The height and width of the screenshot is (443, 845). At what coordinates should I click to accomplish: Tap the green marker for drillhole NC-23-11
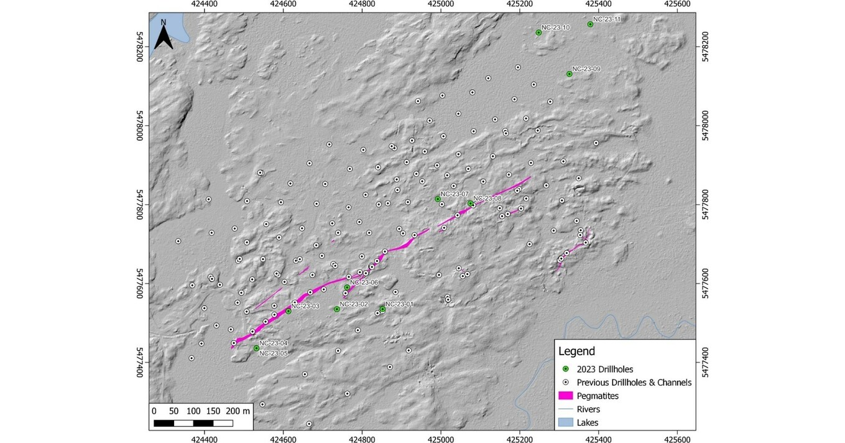590,24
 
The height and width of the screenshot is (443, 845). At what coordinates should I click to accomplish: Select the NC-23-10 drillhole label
555,27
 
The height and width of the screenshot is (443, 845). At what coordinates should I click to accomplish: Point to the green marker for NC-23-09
569,74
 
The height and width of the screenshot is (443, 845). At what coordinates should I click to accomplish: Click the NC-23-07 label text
454,194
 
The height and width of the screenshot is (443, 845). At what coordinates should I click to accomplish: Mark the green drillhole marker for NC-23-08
471,203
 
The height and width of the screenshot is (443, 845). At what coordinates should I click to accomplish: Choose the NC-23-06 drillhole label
364,282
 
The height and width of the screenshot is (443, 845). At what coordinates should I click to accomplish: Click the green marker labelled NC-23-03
289,311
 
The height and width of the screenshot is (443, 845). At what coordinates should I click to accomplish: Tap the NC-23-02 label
354,304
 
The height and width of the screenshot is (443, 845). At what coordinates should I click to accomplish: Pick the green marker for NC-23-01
382,309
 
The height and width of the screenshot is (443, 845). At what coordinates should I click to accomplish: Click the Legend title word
576,351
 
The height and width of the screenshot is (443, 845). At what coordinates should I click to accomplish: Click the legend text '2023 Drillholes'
604,370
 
